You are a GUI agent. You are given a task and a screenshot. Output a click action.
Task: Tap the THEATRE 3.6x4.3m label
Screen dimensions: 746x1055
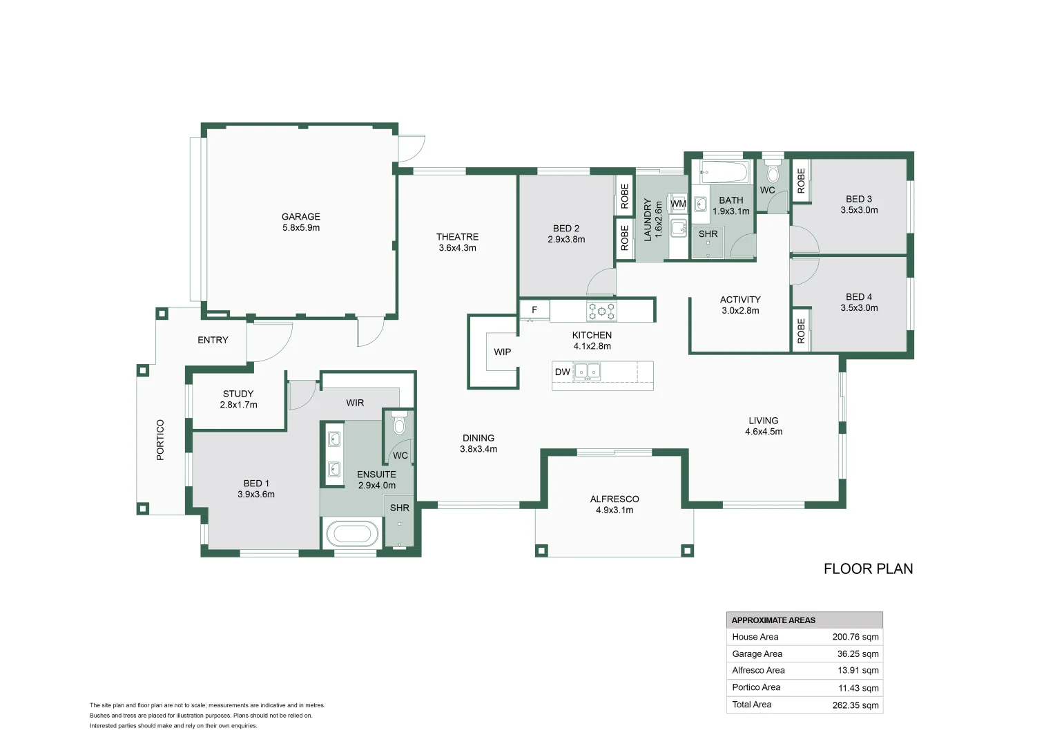point(457,242)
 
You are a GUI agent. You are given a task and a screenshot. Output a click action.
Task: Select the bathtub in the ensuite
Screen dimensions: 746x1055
point(352,533)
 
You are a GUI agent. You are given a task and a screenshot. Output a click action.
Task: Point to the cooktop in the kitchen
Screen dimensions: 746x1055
point(601,311)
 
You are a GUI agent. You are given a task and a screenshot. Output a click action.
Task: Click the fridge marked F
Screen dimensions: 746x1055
point(534,310)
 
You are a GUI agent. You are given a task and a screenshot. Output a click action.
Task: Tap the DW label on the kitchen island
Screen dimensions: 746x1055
point(562,372)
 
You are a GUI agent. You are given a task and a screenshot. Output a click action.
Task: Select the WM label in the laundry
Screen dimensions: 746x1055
point(678,204)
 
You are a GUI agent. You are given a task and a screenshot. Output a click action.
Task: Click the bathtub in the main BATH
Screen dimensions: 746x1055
point(724,171)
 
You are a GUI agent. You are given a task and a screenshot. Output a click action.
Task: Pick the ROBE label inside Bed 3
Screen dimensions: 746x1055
point(801,181)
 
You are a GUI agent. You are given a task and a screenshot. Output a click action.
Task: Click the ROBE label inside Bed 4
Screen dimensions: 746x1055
point(801,331)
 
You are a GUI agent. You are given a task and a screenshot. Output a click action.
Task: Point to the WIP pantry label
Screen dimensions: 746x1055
point(502,352)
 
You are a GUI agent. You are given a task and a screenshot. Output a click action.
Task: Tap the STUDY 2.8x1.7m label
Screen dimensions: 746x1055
point(238,399)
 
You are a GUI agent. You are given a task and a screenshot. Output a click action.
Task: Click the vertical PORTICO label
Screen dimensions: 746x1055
point(160,439)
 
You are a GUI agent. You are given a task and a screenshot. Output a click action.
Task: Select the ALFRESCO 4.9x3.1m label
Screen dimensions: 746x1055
point(614,504)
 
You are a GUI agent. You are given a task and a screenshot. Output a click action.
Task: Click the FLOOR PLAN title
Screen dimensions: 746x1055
point(868,568)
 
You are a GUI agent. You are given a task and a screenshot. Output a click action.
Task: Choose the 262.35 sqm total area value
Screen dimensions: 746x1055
point(855,705)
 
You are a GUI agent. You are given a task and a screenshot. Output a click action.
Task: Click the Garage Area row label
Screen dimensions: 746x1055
point(757,653)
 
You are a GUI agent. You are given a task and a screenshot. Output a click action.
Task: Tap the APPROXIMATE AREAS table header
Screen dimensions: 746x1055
point(773,620)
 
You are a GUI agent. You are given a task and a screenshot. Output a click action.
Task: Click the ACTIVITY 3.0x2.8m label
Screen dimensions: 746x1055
point(740,305)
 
